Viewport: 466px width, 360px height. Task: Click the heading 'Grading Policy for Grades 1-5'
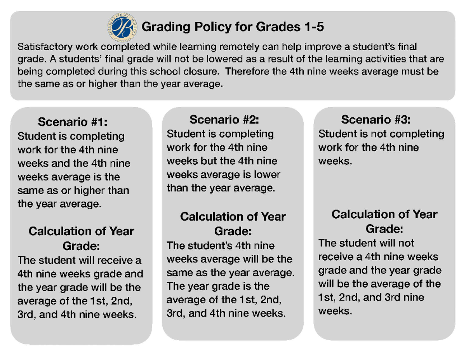[233, 28]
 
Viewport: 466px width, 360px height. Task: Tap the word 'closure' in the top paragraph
[202, 71]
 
